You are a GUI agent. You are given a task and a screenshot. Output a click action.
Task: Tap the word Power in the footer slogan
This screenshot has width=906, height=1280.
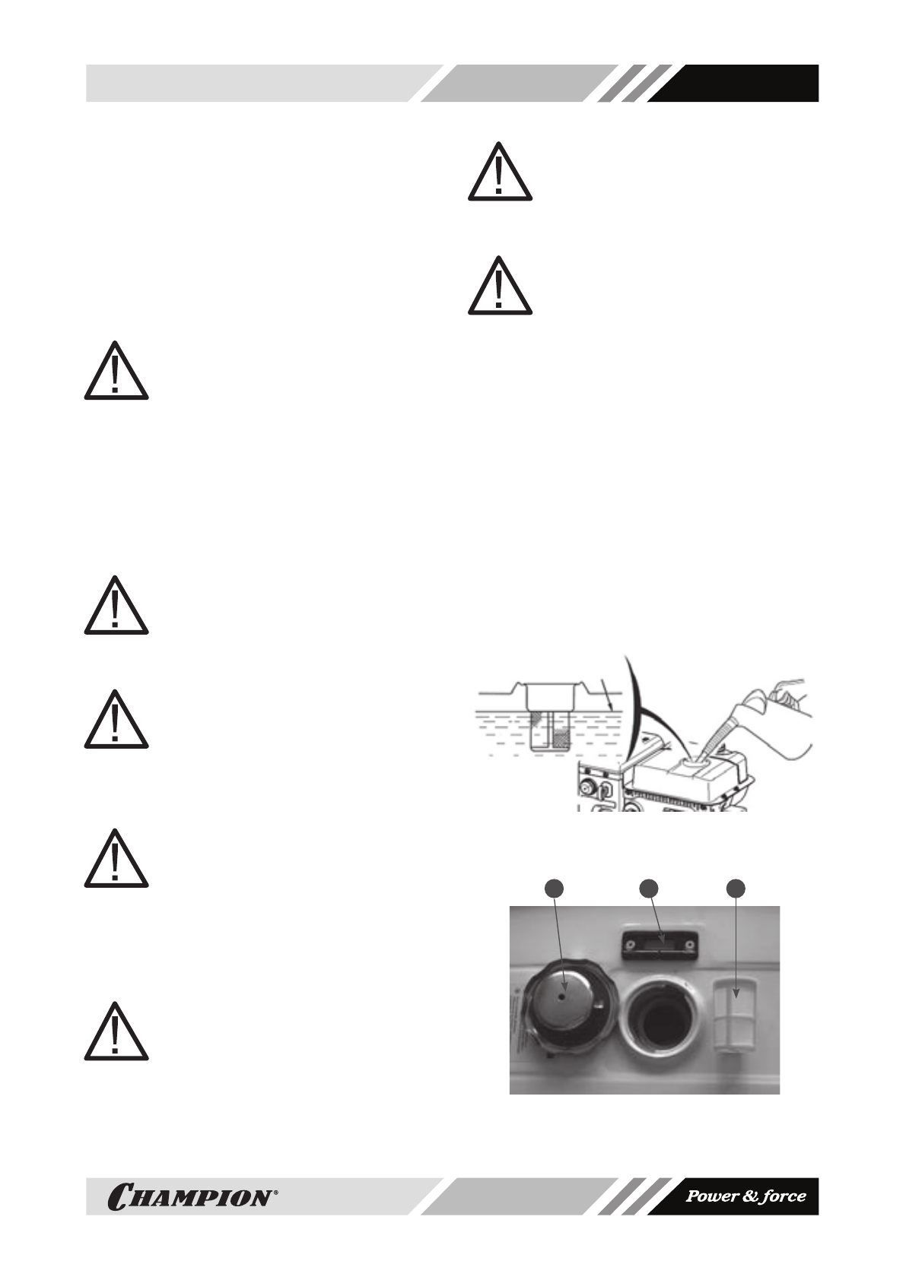point(711,1196)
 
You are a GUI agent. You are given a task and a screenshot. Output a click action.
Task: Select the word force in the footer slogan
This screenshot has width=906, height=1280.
point(784,1196)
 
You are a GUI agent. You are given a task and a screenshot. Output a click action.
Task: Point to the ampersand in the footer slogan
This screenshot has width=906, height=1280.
point(749,1196)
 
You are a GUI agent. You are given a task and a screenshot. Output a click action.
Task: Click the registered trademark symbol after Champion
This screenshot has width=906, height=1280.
point(275,1191)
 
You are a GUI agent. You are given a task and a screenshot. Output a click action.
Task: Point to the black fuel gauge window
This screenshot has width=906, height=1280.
point(659,943)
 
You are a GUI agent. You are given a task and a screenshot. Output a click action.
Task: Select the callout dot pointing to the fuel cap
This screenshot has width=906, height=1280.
point(556,889)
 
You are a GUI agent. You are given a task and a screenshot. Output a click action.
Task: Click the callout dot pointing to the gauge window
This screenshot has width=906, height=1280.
point(647,889)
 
